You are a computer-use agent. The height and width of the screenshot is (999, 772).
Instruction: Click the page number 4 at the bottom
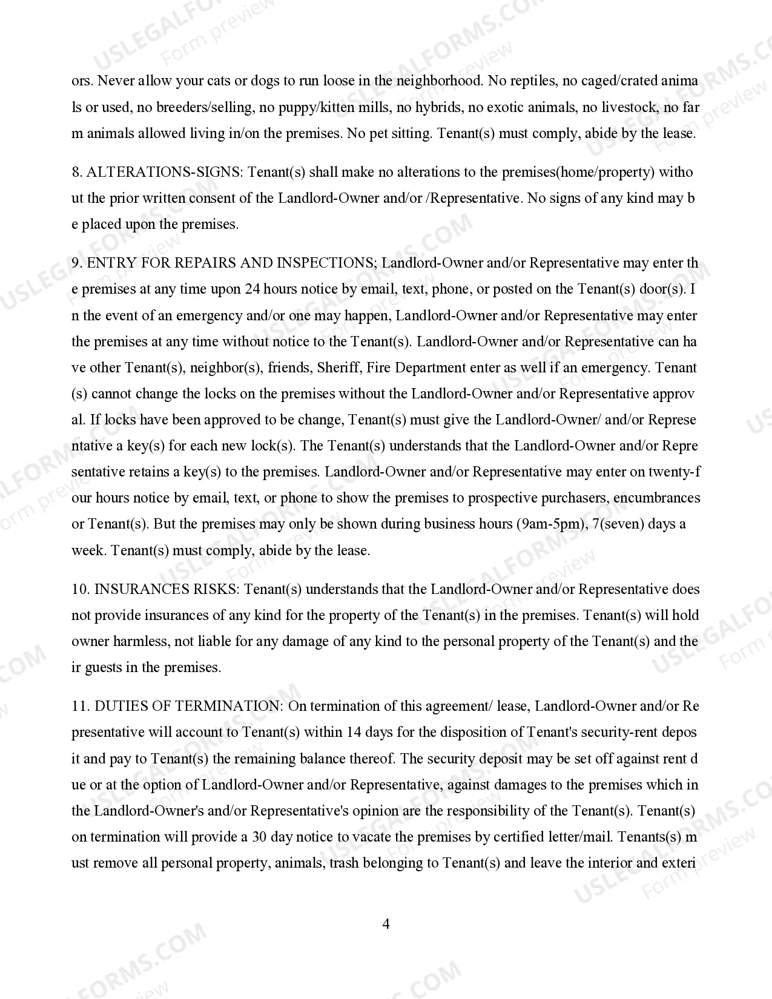pyautogui.click(x=386, y=924)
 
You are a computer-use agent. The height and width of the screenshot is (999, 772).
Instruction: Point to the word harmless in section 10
pyautogui.click(x=139, y=641)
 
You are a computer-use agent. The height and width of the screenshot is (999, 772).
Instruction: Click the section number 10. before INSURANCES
pyautogui.click(x=81, y=589)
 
